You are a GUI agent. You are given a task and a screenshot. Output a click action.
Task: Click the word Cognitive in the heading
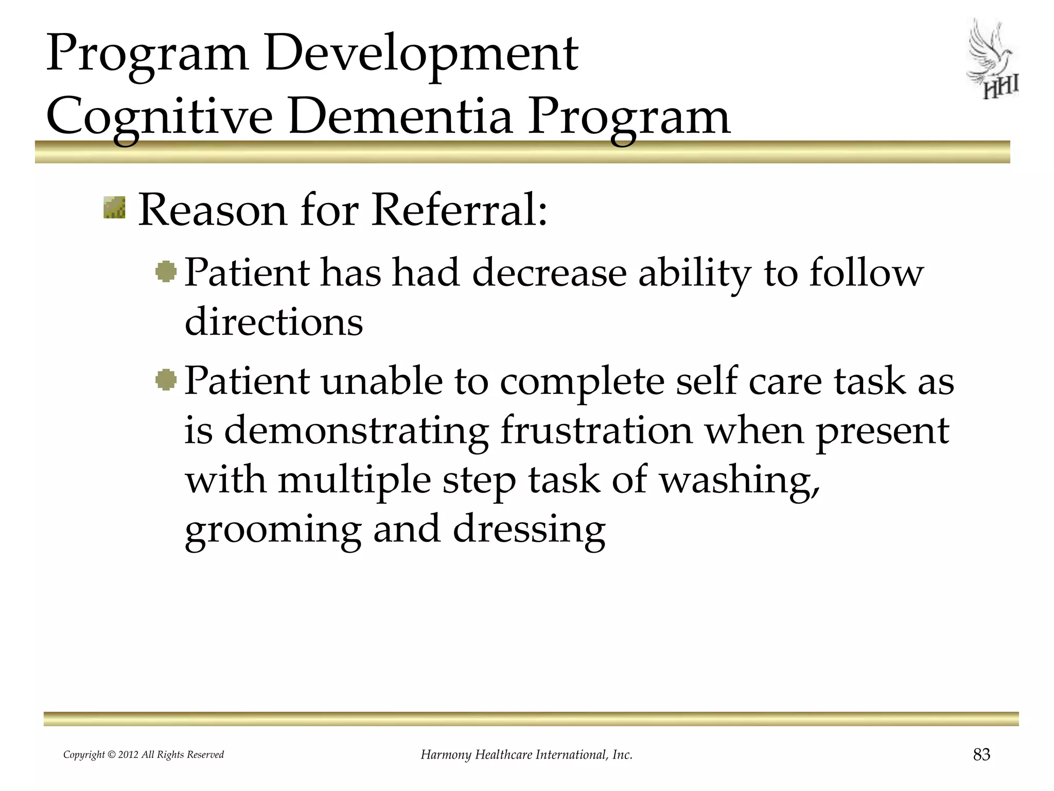pos(159,118)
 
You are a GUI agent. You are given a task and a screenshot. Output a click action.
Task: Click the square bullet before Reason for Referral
pos(114,208)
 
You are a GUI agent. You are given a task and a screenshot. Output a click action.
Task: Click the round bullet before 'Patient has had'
pos(166,271)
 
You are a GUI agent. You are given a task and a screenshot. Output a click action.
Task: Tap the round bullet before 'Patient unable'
pos(166,380)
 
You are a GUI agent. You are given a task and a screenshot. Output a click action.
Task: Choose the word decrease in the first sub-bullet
pos(549,273)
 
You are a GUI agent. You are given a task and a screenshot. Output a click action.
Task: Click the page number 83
pos(981,754)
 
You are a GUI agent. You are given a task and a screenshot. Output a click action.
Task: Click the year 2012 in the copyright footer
pos(128,755)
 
